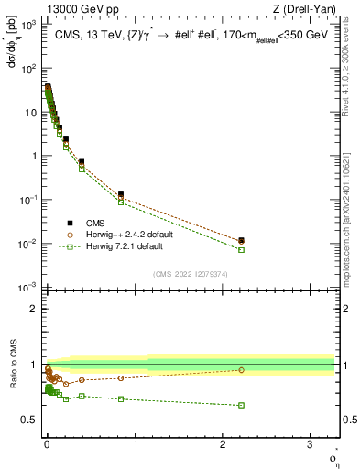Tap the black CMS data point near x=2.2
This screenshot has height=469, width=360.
coord(242,240)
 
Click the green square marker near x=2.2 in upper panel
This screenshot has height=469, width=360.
coord(242,249)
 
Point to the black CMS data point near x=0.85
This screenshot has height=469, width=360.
coord(121,194)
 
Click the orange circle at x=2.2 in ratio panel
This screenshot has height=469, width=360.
coord(242,370)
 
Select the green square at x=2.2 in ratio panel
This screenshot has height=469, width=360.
coord(242,405)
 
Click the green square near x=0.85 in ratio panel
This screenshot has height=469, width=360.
coord(121,398)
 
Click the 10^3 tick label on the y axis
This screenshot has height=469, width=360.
coord(27,24)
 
